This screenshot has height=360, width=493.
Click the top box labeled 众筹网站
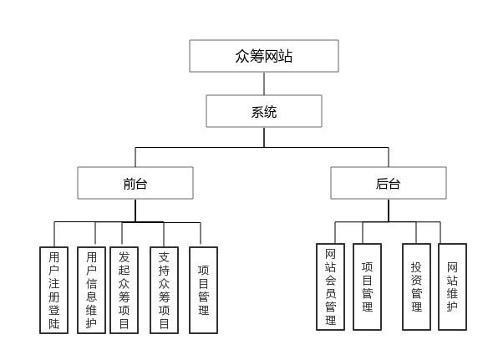click(264, 56)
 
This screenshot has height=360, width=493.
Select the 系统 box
click(264, 111)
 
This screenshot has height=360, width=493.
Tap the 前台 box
click(135, 183)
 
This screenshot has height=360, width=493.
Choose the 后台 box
click(388, 183)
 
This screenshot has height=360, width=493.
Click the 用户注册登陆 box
click(54, 290)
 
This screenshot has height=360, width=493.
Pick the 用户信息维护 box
click(91, 290)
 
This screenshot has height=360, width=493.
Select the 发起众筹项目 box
click(125, 290)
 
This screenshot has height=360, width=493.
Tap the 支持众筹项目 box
click(164, 290)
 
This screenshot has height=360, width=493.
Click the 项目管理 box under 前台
click(203, 290)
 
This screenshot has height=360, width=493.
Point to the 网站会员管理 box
click(330, 286)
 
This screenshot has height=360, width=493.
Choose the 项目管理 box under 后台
click(367, 286)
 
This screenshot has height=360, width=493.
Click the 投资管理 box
click(416, 286)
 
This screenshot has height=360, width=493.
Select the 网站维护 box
click(452, 286)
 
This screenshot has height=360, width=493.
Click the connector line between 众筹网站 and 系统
click(264, 84)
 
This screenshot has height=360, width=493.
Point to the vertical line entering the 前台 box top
click(135, 157)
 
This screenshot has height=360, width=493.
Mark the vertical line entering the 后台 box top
click(388, 157)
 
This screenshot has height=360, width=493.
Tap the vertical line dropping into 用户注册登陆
click(54, 234)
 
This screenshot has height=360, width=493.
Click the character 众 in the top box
click(243, 56)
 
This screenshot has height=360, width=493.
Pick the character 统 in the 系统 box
click(271, 111)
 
